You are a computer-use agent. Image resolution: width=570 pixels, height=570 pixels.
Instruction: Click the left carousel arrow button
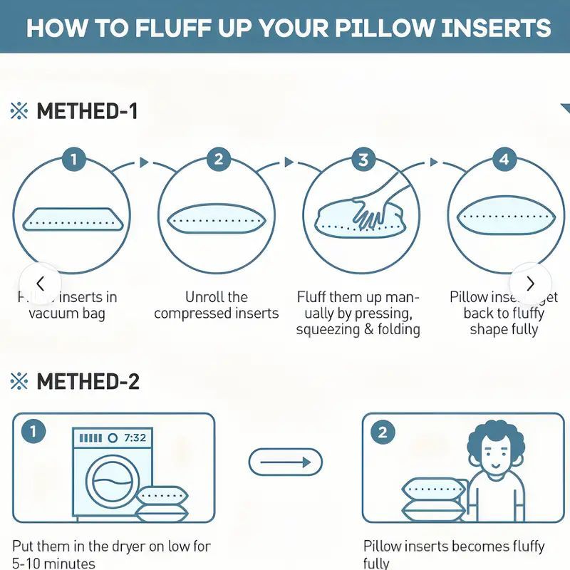click(40, 282)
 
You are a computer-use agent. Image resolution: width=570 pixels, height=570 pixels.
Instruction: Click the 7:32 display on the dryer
click(135, 437)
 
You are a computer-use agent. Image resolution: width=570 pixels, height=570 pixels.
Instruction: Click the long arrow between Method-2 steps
click(285, 462)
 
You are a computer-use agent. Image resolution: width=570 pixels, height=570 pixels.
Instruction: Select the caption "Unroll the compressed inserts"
click(216, 305)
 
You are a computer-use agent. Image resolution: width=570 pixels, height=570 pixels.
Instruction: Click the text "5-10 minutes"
click(53, 563)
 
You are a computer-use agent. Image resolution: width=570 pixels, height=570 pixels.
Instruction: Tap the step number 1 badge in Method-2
click(32, 432)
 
